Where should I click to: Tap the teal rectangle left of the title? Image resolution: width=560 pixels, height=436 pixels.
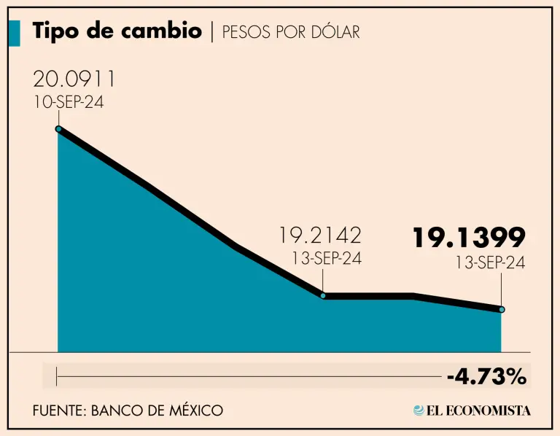coord(15,33)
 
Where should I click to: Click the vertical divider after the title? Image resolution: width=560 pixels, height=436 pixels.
coord(211,32)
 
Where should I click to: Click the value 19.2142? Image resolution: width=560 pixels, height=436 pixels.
coord(320,236)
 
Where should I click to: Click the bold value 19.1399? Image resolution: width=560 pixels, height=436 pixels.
coord(469,238)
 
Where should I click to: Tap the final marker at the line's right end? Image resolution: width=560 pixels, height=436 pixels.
coord(502,309)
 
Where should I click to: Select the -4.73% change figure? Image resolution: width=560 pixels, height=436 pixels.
coord(486,377)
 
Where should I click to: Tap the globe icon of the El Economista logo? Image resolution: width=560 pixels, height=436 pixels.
coord(419,410)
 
